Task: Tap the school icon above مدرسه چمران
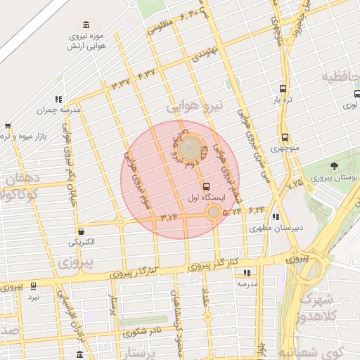coord(58,99)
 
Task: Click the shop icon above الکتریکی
coord(82,231)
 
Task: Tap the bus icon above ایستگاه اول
coord(206,187)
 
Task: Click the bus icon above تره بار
coord(283,89)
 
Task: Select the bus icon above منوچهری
coord(285,138)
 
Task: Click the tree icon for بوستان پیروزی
coord(334,167)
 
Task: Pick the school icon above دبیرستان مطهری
coord(276,217)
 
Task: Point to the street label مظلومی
coord(161,30)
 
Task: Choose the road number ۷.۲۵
coord(295,184)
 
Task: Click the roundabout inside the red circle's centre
coord(188,150)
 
